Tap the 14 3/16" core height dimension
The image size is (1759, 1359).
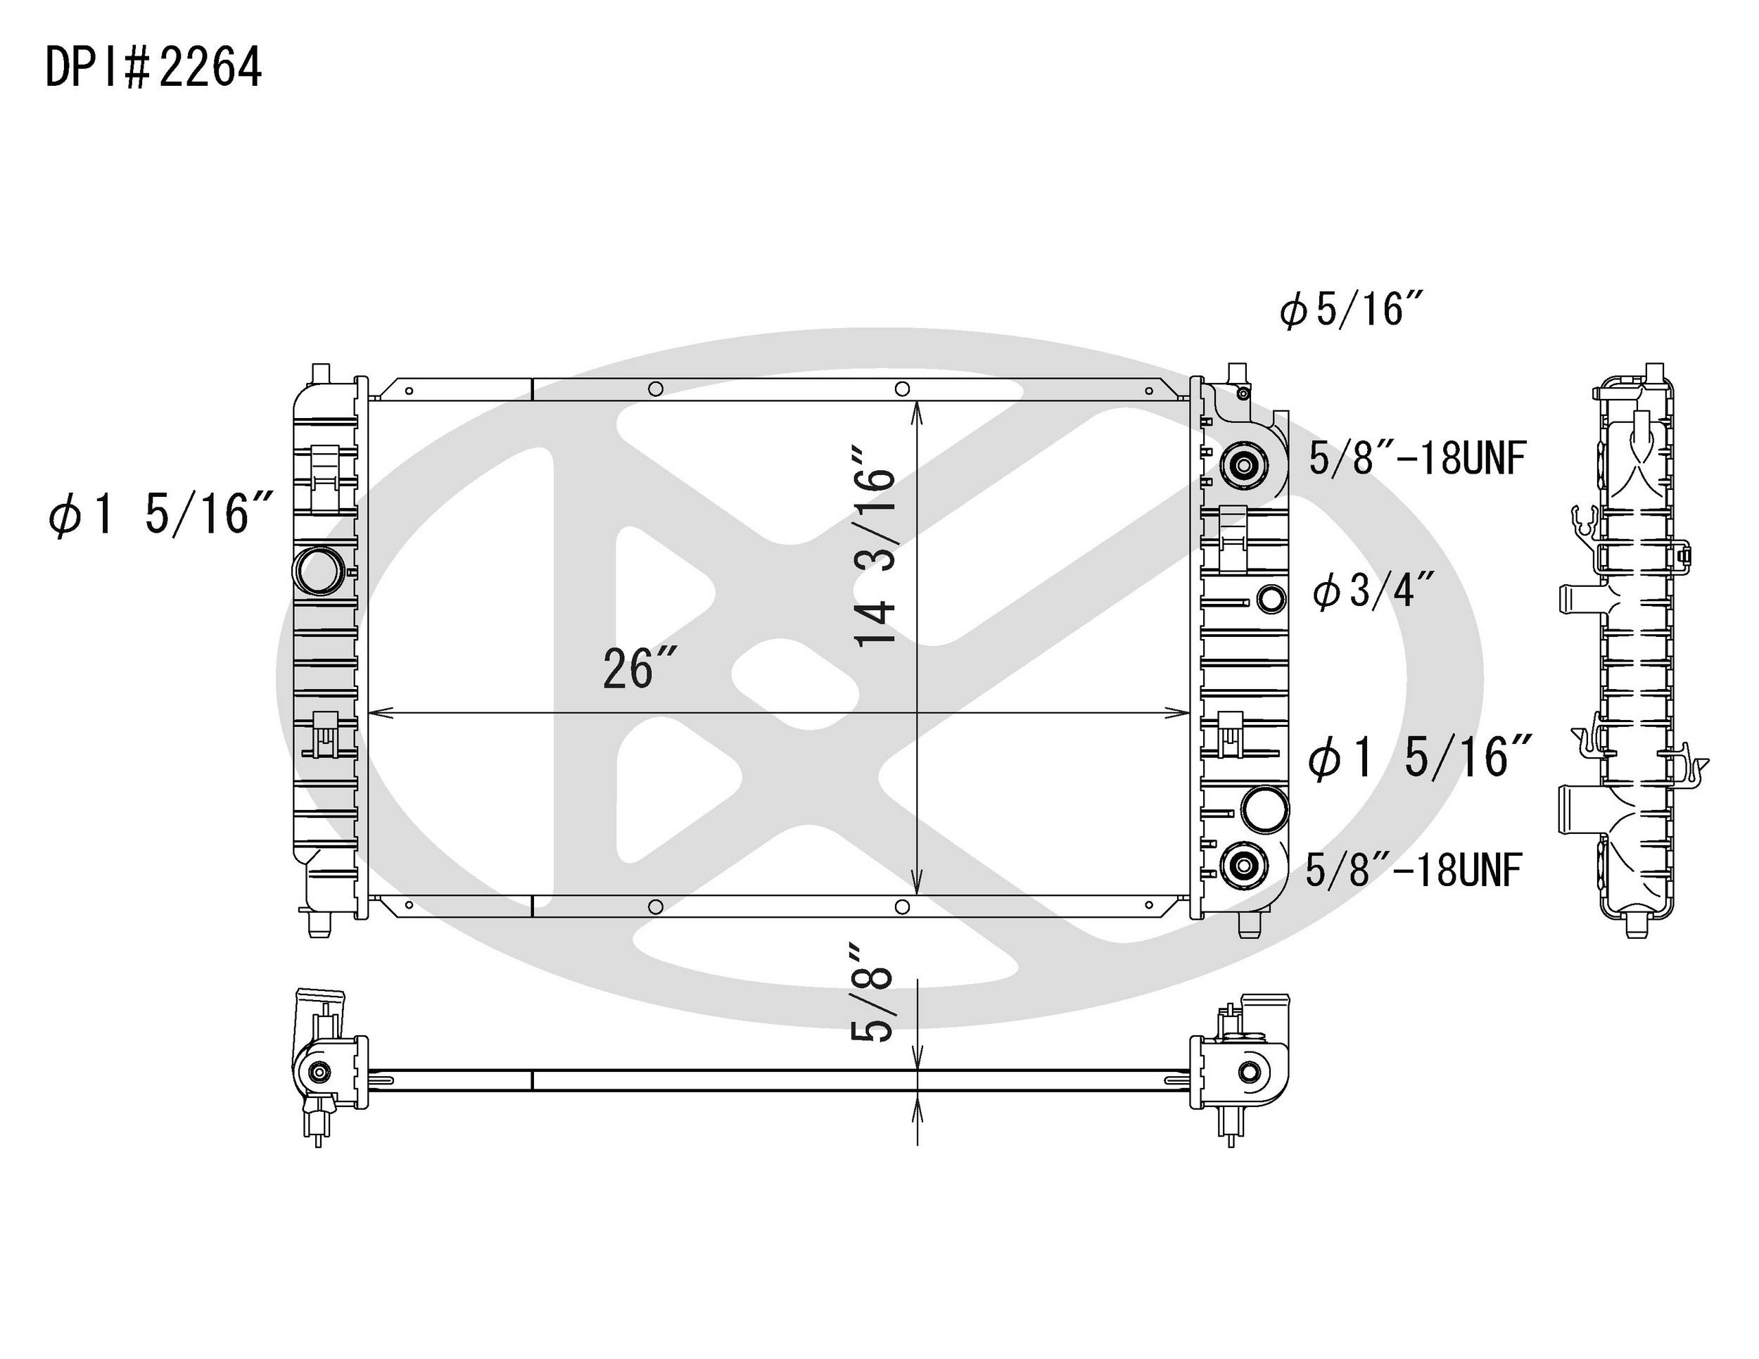click(x=875, y=557)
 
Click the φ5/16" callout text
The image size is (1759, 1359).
click(x=1352, y=310)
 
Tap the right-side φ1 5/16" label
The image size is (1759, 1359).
click(x=1419, y=758)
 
